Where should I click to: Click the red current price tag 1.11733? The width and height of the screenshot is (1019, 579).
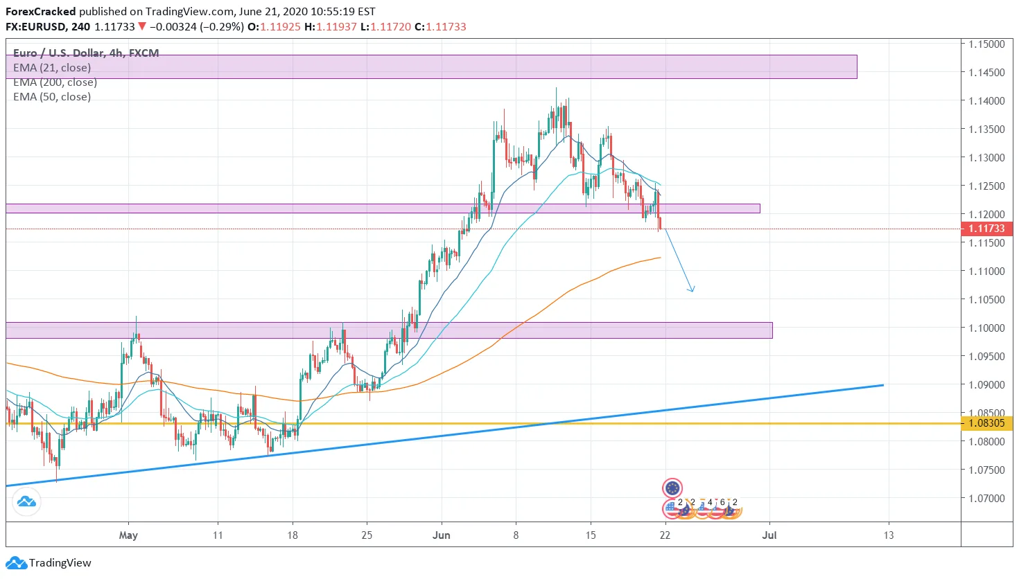986,229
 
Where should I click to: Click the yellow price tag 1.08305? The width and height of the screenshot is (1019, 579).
986,423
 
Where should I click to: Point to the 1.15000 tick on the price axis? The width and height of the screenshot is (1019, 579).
986,44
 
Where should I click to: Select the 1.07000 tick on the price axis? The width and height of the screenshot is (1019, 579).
986,498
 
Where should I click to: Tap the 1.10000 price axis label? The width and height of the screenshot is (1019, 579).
986,328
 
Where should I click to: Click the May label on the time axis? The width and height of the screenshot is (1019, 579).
128,535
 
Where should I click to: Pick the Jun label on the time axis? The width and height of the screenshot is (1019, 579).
441,535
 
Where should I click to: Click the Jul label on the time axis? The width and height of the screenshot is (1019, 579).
769,535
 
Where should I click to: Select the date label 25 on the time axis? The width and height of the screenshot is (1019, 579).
367,535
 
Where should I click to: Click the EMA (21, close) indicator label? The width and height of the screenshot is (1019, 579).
52,68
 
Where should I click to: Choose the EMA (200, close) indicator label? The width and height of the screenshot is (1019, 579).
55,82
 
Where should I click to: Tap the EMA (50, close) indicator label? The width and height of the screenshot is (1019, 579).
52,97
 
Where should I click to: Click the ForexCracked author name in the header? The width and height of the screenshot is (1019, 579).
41,12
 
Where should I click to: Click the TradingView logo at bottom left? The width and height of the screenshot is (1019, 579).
49,562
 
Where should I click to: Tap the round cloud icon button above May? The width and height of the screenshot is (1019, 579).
26,501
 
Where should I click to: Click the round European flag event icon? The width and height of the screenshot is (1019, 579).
672,488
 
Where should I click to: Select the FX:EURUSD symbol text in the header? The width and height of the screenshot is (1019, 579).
36,27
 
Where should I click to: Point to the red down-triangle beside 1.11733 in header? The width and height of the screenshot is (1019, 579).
141,27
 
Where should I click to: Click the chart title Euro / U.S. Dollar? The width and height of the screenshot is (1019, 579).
58,53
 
